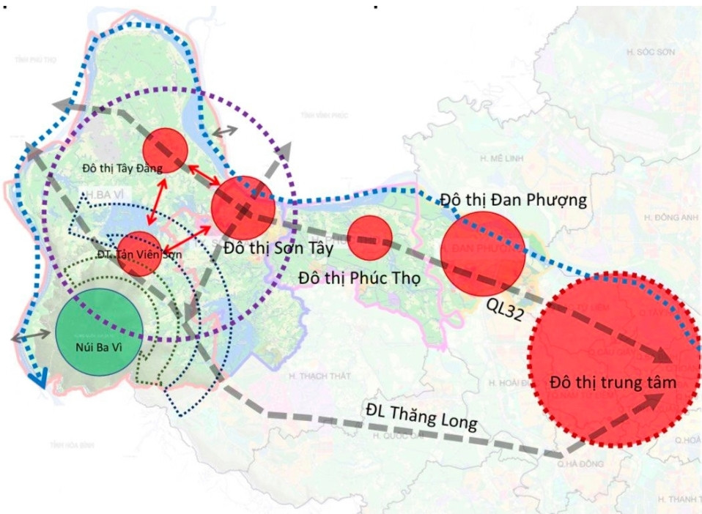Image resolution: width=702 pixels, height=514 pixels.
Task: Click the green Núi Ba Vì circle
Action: [99, 332]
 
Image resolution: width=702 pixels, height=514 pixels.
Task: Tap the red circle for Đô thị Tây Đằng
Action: [165, 149]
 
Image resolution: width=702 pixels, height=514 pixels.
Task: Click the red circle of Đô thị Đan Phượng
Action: [482, 253]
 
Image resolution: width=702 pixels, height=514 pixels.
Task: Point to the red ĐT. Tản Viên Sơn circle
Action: [138, 253]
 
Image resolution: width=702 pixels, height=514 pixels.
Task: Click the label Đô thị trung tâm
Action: [613, 383]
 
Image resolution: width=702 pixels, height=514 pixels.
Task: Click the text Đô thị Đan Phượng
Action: [514, 200]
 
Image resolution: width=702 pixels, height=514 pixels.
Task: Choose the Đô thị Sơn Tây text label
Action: [279, 248]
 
